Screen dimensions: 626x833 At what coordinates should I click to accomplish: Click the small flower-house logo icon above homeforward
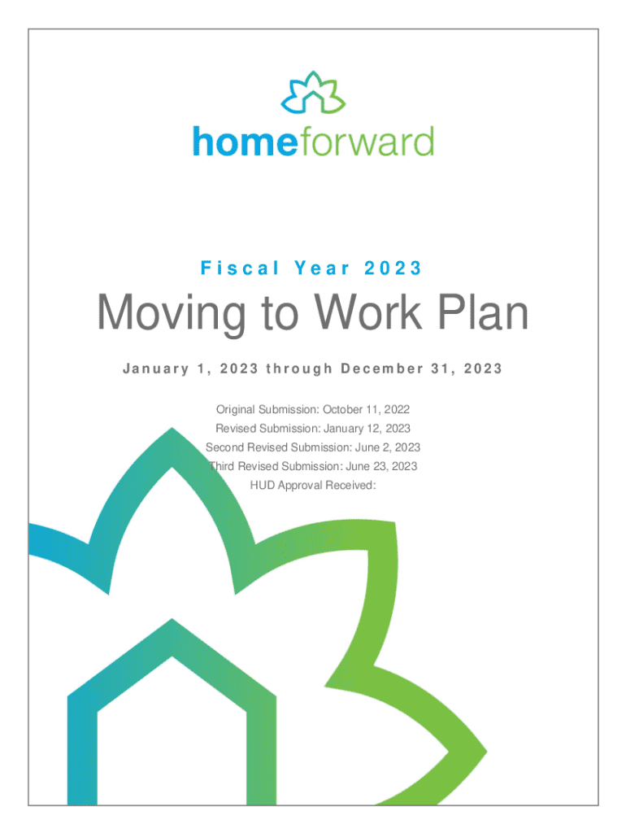click(313, 93)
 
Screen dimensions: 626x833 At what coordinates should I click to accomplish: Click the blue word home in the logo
click(245, 142)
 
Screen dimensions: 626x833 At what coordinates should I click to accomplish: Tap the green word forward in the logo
click(367, 142)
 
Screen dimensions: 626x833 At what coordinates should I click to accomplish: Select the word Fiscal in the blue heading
click(240, 268)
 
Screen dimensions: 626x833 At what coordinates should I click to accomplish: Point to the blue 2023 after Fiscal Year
click(393, 268)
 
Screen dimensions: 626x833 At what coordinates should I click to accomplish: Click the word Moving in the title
click(171, 314)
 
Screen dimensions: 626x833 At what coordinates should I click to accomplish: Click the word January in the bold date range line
click(155, 369)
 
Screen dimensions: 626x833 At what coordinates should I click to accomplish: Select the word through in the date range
click(299, 369)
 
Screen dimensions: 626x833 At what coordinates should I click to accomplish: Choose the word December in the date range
click(382, 369)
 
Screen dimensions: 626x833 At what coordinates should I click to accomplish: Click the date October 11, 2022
click(367, 410)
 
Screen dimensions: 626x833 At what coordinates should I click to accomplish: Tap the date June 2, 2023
click(388, 447)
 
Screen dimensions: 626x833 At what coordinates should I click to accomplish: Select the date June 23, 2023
click(381, 466)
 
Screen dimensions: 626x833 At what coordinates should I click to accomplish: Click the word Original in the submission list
click(235, 410)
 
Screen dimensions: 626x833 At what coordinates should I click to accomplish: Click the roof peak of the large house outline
click(172, 619)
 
